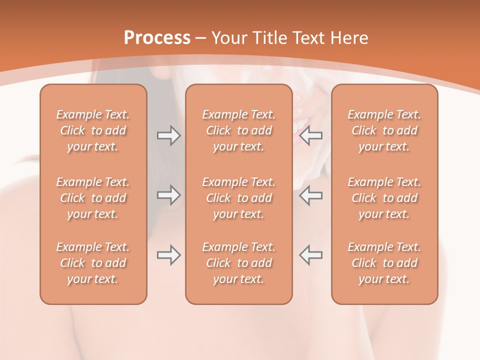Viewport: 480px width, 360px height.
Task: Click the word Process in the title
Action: point(157,37)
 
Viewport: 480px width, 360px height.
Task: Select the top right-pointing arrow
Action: point(168,135)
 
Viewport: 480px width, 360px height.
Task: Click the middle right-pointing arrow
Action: point(168,194)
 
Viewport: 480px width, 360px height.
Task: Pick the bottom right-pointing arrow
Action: point(168,255)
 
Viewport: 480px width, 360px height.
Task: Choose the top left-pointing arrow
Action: point(311,135)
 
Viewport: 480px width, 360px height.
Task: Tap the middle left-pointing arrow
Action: point(311,194)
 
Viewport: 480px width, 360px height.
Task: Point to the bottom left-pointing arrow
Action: point(311,255)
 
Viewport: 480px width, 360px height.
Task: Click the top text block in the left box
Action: point(93,130)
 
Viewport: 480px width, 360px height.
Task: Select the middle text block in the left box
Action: point(93,198)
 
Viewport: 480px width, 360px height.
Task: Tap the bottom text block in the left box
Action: point(93,263)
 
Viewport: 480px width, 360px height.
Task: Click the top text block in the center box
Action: point(239,130)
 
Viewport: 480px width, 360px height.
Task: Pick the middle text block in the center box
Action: point(239,198)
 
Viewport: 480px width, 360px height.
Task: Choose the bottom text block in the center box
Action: point(239,263)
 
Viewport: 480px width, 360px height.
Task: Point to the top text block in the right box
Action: point(384,130)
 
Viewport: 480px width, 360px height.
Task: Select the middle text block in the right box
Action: point(384,198)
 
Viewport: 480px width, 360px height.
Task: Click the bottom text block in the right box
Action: point(384,263)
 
